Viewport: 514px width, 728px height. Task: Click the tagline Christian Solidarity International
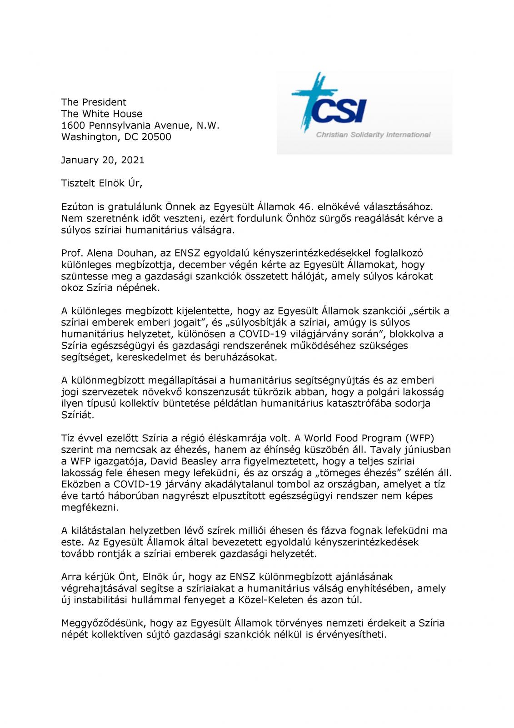373,135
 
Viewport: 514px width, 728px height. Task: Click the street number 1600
74,125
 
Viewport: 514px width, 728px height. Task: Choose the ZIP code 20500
156,137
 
